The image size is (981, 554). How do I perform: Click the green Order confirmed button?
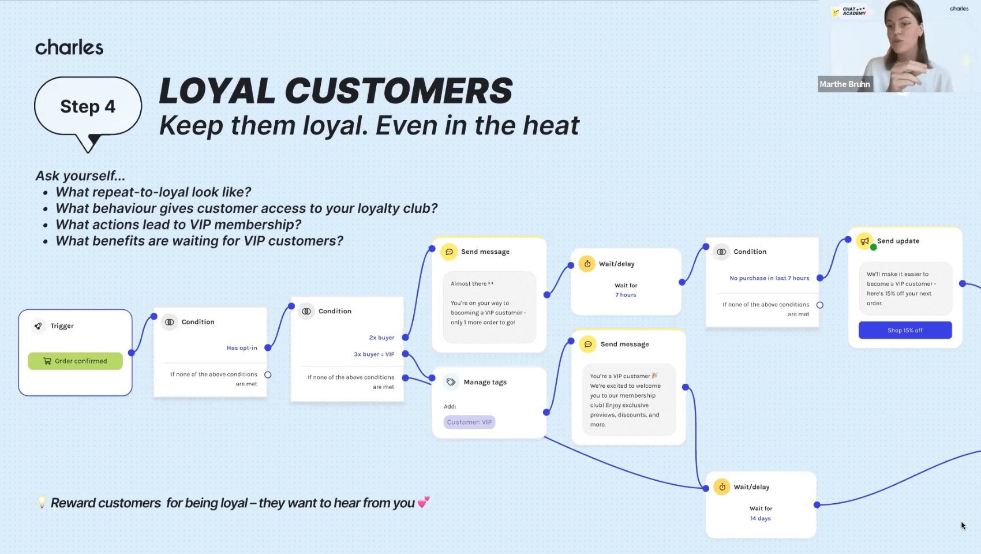coord(75,361)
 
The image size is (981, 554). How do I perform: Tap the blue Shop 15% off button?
coord(905,330)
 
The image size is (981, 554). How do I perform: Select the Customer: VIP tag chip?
coord(469,422)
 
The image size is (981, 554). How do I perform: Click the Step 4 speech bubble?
coord(88,107)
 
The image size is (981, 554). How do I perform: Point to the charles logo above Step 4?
coord(69,47)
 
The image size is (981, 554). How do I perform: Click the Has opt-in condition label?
coord(242,348)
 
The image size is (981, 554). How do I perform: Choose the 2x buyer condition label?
coord(381,338)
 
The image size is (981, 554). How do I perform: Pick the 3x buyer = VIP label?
coord(374,354)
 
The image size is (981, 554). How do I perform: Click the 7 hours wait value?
coord(626,295)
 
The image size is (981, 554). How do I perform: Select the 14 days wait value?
coord(761,518)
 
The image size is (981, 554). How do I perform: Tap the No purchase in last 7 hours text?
coord(769,278)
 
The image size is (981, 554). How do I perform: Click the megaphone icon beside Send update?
coord(864,241)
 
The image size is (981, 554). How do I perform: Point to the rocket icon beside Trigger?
coord(38,326)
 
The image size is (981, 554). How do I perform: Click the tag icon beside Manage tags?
coord(451,382)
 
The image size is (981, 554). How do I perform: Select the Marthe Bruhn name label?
coord(845,84)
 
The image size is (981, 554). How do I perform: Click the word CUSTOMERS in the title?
coord(398,91)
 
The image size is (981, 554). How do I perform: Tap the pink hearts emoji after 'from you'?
coord(424,502)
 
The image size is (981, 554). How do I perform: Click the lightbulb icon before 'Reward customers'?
coord(42,502)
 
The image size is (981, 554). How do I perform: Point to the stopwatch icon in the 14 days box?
coord(722,487)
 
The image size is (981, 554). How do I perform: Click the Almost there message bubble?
coord(489,307)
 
